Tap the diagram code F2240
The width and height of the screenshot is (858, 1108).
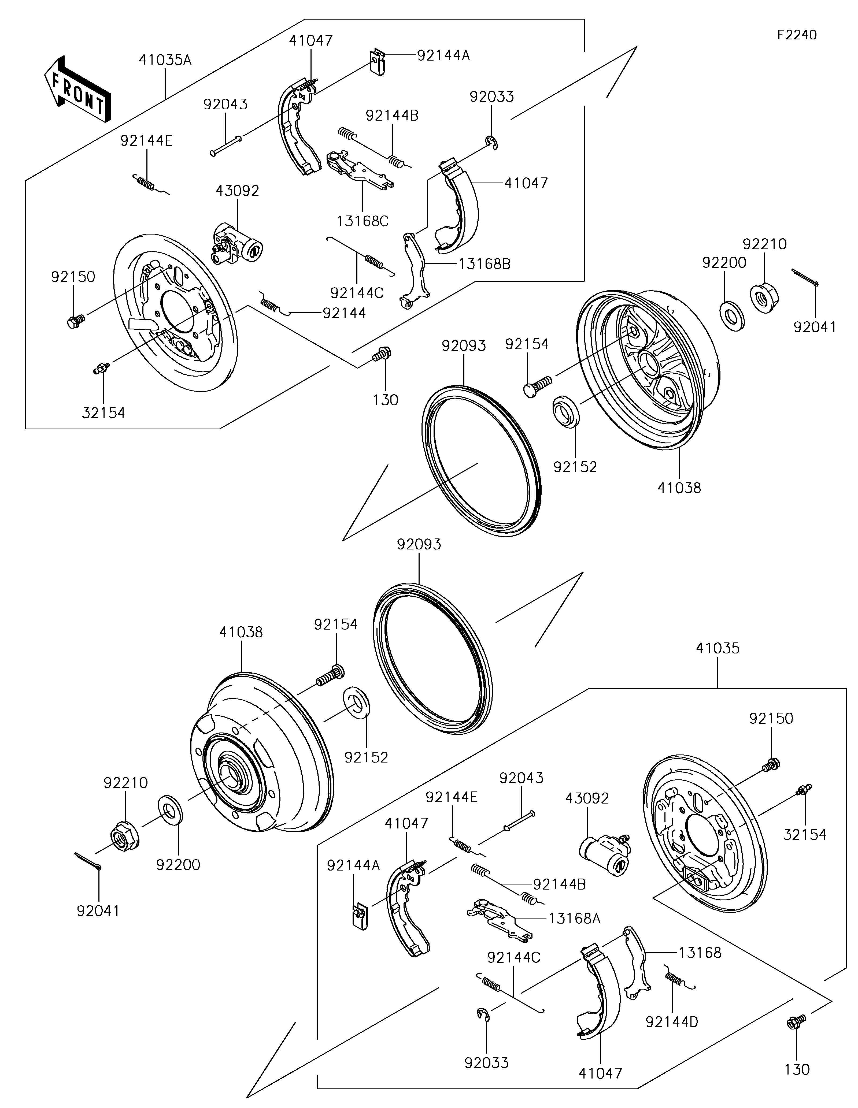797,35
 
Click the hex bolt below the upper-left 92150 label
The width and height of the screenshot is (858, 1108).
75,321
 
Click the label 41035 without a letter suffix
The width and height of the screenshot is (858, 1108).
718,648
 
